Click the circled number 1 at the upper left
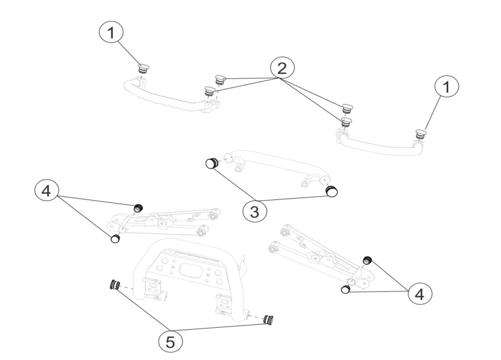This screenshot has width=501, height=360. tap(112, 33)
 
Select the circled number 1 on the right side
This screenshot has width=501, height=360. tap(446, 88)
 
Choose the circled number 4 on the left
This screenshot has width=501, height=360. tap(46, 191)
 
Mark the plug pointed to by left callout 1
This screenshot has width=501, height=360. tap(143, 68)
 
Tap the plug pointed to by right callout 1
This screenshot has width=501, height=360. tap(420, 133)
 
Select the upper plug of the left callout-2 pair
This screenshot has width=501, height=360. tap(220, 79)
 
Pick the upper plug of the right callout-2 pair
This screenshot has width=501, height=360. tap(347, 108)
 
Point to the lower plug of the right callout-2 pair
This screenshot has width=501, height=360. tap(346, 121)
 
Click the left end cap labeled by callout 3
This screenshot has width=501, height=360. tap(211, 163)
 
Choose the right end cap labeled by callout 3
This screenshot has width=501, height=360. tap(332, 190)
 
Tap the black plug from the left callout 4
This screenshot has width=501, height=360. tap(138, 208)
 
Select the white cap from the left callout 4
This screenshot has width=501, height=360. tap(115, 239)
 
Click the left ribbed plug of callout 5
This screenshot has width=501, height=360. tap(115, 285)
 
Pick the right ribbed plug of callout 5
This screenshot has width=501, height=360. tap(268, 320)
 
